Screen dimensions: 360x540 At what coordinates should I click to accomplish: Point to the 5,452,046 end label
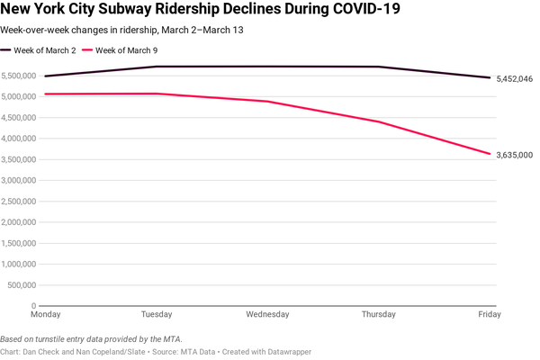[x=514, y=79]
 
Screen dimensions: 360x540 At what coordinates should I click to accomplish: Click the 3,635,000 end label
[x=514, y=155]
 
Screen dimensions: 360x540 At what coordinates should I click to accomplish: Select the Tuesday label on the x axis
[x=157, y=314]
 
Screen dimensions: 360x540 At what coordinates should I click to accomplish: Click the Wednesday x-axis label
[x=267, y=314]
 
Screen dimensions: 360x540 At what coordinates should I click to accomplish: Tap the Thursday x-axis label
[x=378, y=314]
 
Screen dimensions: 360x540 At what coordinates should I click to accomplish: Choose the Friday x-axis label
[x=490, y=314]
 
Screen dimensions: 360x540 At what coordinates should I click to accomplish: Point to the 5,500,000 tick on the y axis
[x=20, y=76]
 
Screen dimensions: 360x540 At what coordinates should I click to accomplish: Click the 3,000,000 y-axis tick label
[x=20, y=180]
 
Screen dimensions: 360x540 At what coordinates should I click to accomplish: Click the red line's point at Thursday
[x=379, y=122]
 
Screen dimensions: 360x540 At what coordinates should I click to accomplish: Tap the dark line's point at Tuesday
[x=157, y=67]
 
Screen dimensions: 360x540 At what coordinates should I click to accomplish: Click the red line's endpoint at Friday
[x=490, y=154]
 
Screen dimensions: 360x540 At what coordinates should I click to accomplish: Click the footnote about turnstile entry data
[x=92, y=338]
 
